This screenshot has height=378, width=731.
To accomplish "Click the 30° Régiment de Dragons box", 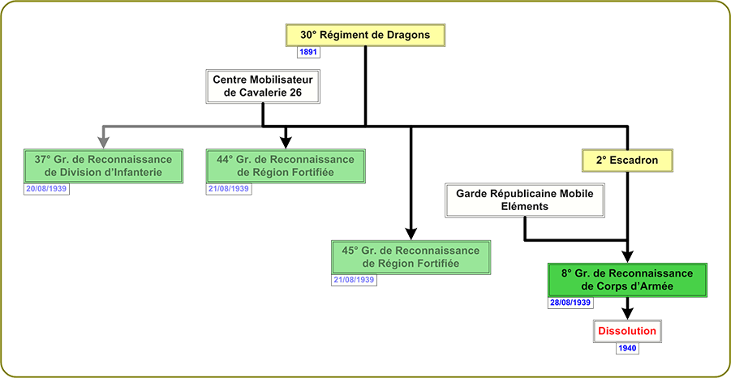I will [x=364, y=35].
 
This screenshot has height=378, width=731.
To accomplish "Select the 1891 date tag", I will [x=308, y=52].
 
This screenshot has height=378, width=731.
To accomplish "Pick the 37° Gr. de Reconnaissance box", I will [x=103, y=165].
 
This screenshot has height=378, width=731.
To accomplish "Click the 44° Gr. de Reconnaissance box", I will [x=286, y=165].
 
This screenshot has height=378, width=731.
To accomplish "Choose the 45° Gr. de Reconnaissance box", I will [x=411, y=257].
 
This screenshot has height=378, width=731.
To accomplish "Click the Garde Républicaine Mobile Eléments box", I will [x=525, y=200].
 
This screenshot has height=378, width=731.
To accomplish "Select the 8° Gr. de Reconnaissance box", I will [x=626, y=280].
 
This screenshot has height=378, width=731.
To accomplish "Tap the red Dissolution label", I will [x=626, y=332].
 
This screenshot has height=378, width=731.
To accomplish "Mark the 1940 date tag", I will [x=626, y=349].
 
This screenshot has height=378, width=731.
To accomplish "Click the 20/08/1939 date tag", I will [x=45, y=188].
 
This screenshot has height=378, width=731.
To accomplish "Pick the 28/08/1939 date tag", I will [x=570, y=303].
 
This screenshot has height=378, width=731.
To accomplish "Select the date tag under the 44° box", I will [x=229, y=188].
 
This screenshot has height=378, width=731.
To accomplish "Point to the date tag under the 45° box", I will [x=354, y=280].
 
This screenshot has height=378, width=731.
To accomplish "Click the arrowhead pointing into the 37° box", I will [x=103, y=140].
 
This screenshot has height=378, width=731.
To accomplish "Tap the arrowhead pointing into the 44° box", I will [x=286, y=140].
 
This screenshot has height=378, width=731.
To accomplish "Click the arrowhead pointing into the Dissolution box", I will [x=626, y=312].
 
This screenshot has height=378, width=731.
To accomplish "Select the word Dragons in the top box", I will [x=406, y=35].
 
